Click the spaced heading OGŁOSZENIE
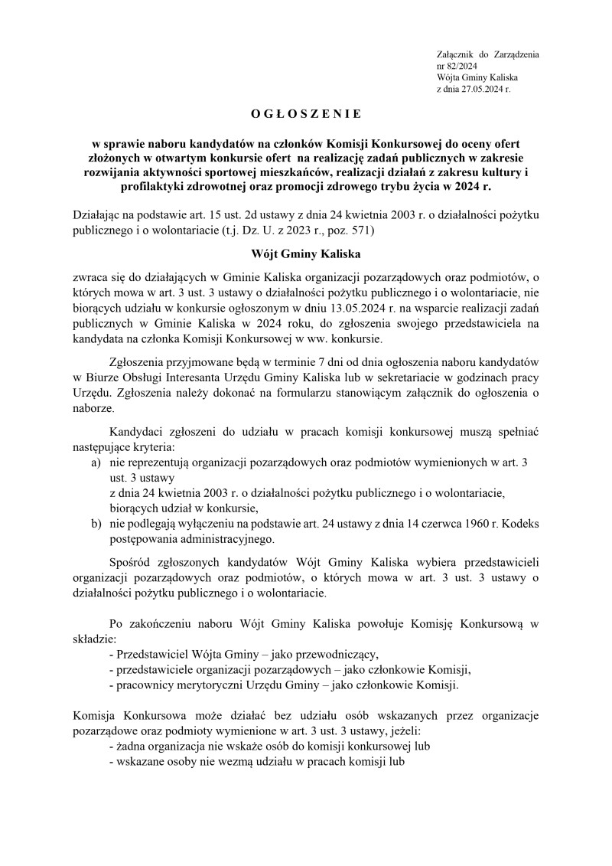[x=305, y=114]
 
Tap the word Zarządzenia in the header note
[x=517, y=55]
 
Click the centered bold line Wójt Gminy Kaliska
[x=305, y=253]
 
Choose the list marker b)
[x=96, y=524]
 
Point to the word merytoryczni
[x=207, y=685]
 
